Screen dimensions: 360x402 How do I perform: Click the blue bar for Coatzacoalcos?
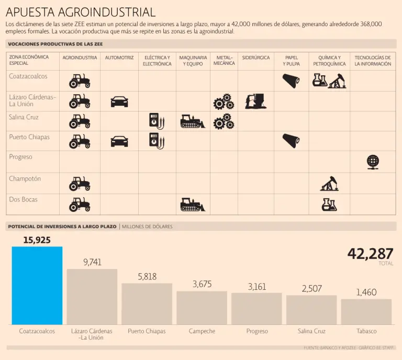(37, 285)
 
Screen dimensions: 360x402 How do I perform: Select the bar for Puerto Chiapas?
(147, 303)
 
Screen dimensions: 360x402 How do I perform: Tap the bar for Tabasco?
(366, 311)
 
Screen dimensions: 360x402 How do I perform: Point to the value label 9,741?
(92, 262)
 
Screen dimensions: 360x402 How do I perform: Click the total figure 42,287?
(370, 254)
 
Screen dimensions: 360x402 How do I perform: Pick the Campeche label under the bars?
(202, 331)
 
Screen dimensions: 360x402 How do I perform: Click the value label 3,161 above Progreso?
(256, 287)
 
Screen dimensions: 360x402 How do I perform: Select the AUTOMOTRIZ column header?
(119, 58)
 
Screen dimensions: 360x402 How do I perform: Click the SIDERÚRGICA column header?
(255, 58)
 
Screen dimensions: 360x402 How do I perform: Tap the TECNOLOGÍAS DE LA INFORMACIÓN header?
(373, 61)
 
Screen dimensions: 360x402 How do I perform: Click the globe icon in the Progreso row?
(373, 162)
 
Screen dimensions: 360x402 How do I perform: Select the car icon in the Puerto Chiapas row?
(119, 141)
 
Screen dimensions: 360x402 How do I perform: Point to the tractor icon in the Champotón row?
(80, 184)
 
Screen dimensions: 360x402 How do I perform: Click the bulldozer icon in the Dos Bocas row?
(193, 204)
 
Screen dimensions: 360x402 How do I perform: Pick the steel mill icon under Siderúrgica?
(256, 100)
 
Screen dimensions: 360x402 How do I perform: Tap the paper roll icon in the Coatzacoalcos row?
(291, 80)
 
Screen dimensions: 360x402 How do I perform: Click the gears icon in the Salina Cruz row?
(224, 121)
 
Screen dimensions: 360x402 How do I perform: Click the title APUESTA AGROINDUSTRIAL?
(80, 12)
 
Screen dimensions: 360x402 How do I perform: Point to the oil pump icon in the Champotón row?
(329, 184)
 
